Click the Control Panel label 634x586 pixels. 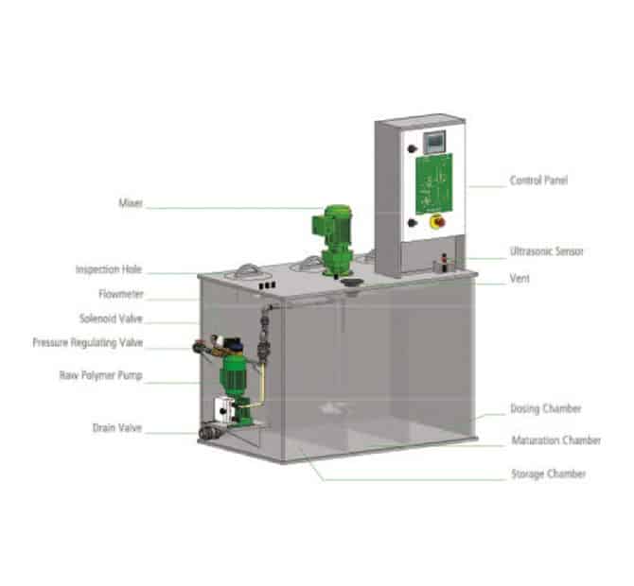[x=538, y=181]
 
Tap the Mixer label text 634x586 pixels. [x=131, y=202]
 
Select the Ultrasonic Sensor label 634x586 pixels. [x=546, y=251]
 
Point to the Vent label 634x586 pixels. [x=520, y=278]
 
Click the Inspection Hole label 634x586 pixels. [x=109, y=269]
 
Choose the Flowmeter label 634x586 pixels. [x=121, y=294]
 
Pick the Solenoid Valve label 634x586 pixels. [x=112, y=319]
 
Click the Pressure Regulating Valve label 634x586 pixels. [x=88, y=343]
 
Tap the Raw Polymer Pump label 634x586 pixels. [x=101, y=375]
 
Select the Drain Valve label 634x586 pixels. [x=117, y=428]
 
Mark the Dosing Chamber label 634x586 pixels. [x=545, y=408]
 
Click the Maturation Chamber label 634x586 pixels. [x=556, y=439]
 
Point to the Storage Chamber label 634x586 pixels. [x=548, y=474]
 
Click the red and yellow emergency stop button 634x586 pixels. [x=438, y=221]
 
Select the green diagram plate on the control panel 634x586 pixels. [x=434, y=183]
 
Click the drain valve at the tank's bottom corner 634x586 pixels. [x=210, y=431]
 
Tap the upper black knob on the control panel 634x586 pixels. [x=412, y=148]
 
